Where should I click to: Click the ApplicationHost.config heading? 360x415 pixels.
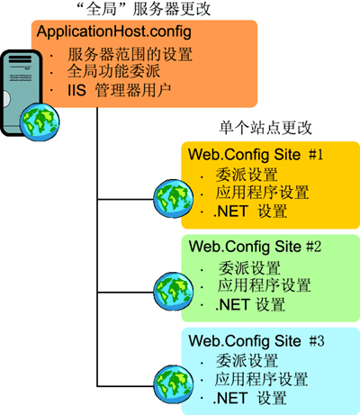[x=114, y=32]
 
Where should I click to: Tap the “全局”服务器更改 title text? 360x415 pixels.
[x=144, y=9]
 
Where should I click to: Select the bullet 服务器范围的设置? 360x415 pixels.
[x=130, y=54]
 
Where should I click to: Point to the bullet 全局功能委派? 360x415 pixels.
[x=113, y=71]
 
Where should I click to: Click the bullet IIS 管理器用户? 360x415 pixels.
[x=120, y=90]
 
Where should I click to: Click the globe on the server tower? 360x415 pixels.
[x=40, y=122]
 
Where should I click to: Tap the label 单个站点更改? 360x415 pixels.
[x=265, y=128]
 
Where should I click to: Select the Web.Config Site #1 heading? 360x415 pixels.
[x=256, y=155]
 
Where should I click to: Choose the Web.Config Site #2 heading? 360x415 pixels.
[x=255, y=247]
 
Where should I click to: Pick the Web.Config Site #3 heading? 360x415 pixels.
[x=256, y=340]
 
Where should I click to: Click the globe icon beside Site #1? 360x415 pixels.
[x=174, y=199]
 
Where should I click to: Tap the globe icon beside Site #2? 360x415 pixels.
[x=174, y=292]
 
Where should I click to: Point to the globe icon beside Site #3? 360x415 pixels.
[x=174, y=384]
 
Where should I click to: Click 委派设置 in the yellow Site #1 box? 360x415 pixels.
[x=247, y=175]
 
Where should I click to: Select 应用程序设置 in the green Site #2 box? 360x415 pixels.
[x=264, y=285]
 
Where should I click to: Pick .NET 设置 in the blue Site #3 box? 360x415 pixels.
[x=250, y=398]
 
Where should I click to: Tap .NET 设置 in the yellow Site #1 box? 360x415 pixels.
[x=250, y=211]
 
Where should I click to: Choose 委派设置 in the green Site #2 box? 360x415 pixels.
[x=249, y=268]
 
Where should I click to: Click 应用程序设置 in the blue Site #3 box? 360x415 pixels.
[x=261, y=379]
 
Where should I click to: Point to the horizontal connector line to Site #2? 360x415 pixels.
[x=125, y=292]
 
